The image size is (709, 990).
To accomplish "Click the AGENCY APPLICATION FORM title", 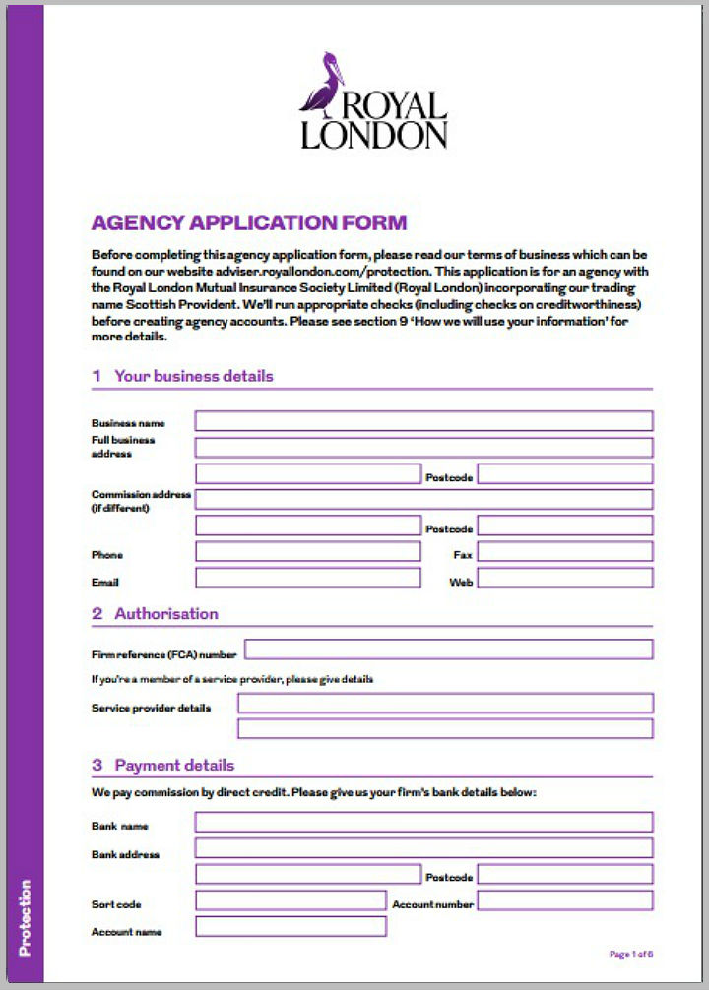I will (x=248, y=222).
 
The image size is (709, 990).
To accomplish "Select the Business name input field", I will (x=423, y=421).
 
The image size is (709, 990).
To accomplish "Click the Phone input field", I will (x=308, y=552).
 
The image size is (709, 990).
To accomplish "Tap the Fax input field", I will (x=564, y=552).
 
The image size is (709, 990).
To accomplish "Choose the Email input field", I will (x=308, y=579).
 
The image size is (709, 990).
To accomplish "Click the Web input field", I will (x=564, y=579).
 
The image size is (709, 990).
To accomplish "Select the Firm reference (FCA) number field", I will (x=448, y=650).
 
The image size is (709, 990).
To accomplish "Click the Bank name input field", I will (x=423, y=823).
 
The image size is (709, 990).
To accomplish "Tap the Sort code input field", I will (x=290, y=901).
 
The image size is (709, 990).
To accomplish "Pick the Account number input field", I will (x=564, y=900).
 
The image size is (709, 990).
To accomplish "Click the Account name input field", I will (x=290, y=927).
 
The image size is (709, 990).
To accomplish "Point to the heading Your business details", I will (x=193, y=376).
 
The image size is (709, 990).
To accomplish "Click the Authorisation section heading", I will (x=165, y=613).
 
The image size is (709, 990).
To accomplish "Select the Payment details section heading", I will (x=174, y=765).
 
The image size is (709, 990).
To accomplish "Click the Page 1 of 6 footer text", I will (x=631, y=954).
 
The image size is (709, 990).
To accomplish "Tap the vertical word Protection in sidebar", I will (x=25, y=917).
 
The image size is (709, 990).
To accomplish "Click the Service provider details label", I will (x=151, y=708).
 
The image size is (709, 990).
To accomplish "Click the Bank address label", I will (x=125, y=854).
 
